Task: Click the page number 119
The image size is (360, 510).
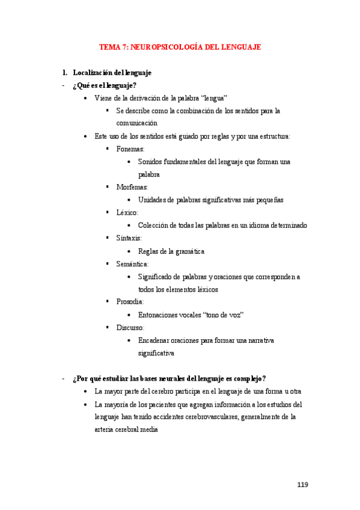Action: click(302, 485)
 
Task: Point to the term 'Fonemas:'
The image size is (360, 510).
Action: click(130, 149)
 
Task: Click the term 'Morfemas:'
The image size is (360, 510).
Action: click(132, 187)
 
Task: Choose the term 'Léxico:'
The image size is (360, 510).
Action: click(127, 212)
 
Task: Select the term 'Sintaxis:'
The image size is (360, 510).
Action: click(129, 238)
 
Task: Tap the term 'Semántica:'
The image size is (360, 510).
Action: click(132, 263)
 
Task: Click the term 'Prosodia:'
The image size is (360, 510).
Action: click(130, 301)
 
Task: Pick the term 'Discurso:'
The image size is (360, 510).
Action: click(130, 328)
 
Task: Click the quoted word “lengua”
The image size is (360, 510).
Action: click(213, 98)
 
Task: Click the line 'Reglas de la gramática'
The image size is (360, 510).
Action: click(171, 251)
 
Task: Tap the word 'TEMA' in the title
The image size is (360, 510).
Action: click(109, 47)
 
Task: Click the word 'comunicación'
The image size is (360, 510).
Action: click(137, 123)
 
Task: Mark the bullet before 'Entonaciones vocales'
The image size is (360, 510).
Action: click(130, 315)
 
